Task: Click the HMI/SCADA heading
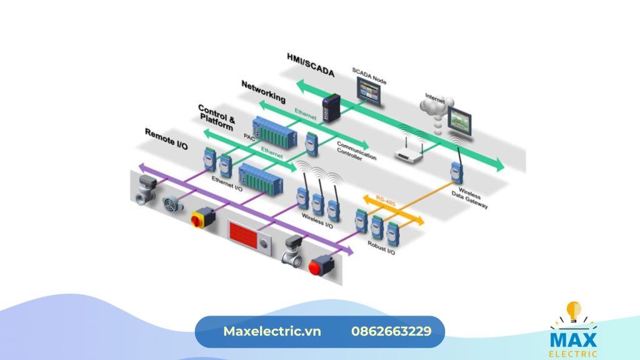(x=311, y=64)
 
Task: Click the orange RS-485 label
(x=386, y=201)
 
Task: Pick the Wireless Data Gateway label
(x=469, y=199)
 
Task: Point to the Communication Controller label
(x=357, y=152)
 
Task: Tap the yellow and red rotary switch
(x=202, y=217)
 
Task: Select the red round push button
(x=319, y=265)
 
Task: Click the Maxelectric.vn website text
(x=272, y=331)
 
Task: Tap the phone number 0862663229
(x=391, y=331)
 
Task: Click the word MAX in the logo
(x=573, y=339)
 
